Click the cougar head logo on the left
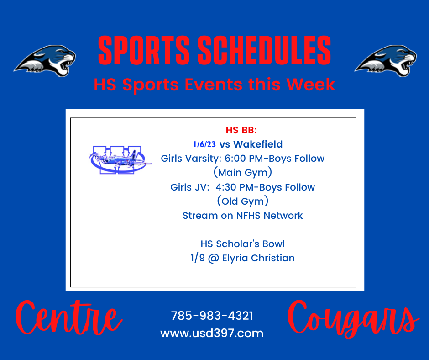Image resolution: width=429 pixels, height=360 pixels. (x=45, y=61)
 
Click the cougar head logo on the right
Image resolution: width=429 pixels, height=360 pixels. (x=386, y=61)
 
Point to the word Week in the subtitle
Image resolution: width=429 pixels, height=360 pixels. (x=311, y=84)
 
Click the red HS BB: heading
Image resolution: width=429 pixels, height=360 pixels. (x=241, y=130)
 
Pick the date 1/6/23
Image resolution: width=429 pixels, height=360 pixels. (x=204, y=144)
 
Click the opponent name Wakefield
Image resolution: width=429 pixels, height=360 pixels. (x=258, y=144)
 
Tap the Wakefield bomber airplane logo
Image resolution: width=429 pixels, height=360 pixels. (x=120, y=160)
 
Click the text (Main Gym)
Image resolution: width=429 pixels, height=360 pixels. (x=243, y=173)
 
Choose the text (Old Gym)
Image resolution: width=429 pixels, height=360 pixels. (x=243, y=201)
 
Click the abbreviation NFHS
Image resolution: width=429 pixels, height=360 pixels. (x=248, y=216)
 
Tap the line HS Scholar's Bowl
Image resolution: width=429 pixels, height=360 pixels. (x=243, y=244)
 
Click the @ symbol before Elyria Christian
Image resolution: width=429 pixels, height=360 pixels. (x=214, y=258)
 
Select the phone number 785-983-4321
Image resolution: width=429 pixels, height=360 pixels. (x=212, y=316)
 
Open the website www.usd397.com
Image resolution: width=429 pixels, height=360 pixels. (x=212, y=333)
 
